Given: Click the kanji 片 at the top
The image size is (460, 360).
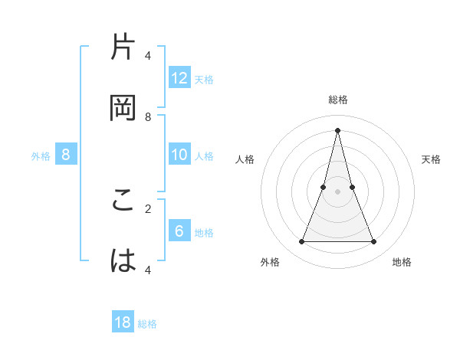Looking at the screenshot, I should pos(124,48).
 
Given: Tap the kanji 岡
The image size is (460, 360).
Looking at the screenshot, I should pos(124,107).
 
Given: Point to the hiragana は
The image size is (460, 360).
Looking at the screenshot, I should pos(124,260).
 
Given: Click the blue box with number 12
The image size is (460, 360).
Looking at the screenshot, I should pos(179,78).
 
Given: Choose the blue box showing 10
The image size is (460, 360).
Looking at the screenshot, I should pos(179,155).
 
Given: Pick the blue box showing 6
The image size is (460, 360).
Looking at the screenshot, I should pos(179,231).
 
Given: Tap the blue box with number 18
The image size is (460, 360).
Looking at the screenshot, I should pos(123,322).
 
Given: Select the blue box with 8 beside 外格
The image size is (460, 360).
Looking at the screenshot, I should pos(66,155).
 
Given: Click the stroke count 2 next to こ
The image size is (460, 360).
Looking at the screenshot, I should pos(148,208).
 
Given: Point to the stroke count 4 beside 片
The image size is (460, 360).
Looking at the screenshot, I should pos(148,56).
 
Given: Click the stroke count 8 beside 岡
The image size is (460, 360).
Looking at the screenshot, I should pos(148,116).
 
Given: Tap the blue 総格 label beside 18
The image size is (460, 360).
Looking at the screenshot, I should pos(147,324).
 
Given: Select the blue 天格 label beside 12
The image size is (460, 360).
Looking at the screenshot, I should pos(204,79).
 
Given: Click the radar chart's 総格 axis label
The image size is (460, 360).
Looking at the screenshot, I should pos(337,100).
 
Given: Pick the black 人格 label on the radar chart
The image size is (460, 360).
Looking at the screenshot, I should pos(245,159).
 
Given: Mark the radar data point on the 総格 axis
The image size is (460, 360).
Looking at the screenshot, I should pos(337,129).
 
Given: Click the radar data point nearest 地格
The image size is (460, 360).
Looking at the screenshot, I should pos(374,242).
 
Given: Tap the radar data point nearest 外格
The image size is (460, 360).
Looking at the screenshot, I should pos(301,242).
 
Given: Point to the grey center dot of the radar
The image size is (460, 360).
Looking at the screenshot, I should pos(337,191).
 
